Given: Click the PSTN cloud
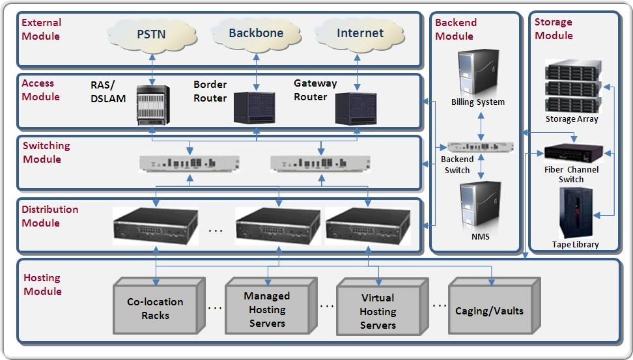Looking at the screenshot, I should pos(151,35).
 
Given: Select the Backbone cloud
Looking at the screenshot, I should pos(252,33).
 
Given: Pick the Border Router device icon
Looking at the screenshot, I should pos(255,107).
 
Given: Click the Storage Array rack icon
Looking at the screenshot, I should pos(572,87).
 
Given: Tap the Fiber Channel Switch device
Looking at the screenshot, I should pos(570,152).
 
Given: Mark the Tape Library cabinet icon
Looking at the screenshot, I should pos(575,212).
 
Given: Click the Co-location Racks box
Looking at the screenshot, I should pos(155,308).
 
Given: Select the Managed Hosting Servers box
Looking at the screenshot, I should pos(267,309).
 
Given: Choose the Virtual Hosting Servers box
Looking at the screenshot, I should pos(378,311).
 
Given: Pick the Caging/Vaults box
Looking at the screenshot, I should pos(489,310).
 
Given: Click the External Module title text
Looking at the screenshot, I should pos(42,29).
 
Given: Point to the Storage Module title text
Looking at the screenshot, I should pos(554,29).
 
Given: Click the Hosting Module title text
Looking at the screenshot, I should pos(43,284).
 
